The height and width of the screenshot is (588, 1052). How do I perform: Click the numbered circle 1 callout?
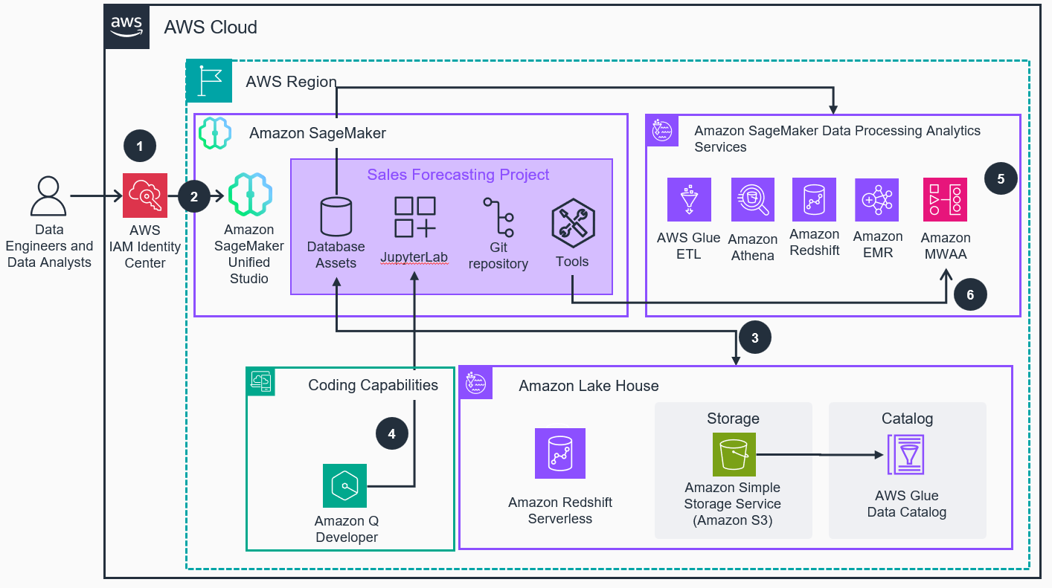[x=140, y=146]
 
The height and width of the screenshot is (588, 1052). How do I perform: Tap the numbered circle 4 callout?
[x=392, y=433]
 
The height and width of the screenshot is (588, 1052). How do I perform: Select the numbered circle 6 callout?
[x=970, y=295]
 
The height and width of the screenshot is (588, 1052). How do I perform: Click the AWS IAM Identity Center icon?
[x=145, y=196]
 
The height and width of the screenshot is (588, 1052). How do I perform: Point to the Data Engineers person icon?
[x=48, y=196]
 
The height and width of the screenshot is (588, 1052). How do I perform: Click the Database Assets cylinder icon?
[x=336, y=216]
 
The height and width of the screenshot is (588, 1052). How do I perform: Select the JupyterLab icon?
[x=414, y=216]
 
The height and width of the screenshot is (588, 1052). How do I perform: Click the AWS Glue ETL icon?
[x=689, y=199]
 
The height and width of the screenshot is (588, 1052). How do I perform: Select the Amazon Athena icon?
[x=753, y=199]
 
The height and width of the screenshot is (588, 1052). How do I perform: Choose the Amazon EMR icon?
[x=877, y=199]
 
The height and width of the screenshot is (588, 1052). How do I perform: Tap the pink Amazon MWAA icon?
[x=945, y=199]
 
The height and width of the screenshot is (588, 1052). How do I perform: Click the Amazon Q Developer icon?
[x=345, y=485]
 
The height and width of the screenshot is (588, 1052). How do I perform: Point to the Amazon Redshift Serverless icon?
[x=559, y=453]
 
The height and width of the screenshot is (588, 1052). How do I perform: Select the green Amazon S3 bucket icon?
[x=734, y=453]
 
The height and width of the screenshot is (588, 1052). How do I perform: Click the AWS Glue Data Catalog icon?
[x=905, y=453]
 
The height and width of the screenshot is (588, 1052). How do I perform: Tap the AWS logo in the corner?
[x=127, y=28]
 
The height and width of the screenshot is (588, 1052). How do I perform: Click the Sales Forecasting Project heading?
[x=458, y=175]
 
